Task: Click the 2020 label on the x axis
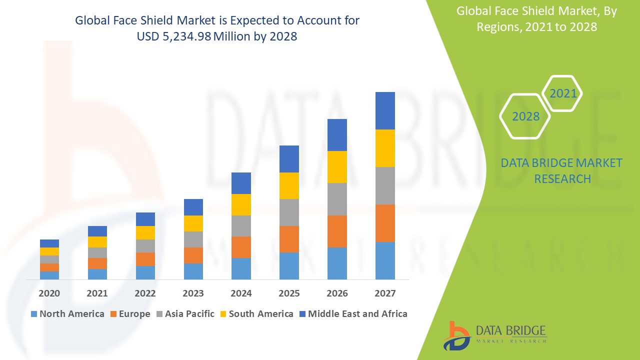click(x=49, y=293)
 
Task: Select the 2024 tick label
click(x=241, y=293)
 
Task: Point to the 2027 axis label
click(x=385, y=293)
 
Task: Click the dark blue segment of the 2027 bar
click(x=385, y=110)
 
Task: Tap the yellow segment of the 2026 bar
click(x=337, y=166)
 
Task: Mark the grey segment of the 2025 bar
click(x=289, y=212)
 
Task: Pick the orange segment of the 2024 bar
click(x=241, y=247)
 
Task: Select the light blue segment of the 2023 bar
click(x=193, y=271)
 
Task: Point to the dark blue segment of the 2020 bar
click(x=49, y=243)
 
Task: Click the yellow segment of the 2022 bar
click(x=145, y=232)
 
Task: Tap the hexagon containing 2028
click(x=525, y=116)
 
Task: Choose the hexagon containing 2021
click(x=562, y=93)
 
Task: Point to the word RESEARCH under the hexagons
click(x=562, y=178)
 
